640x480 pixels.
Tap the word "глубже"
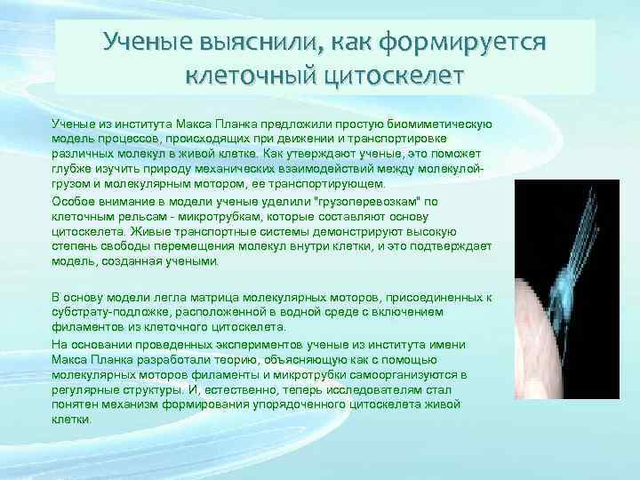click(69, 170)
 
